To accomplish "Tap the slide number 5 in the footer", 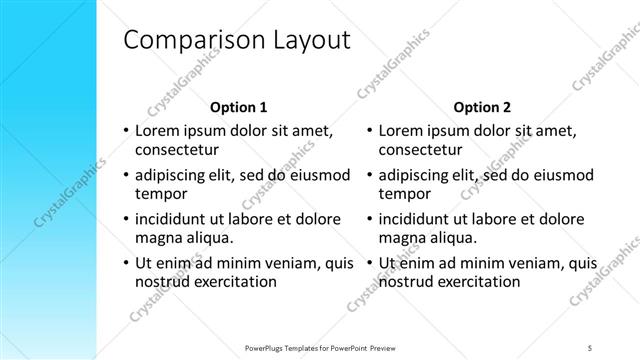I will (590, 348).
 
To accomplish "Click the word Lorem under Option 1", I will (157, 130).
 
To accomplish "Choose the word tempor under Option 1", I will (158, 194).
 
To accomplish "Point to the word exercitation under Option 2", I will (482, 282).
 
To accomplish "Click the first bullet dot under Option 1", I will (125, 131).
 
